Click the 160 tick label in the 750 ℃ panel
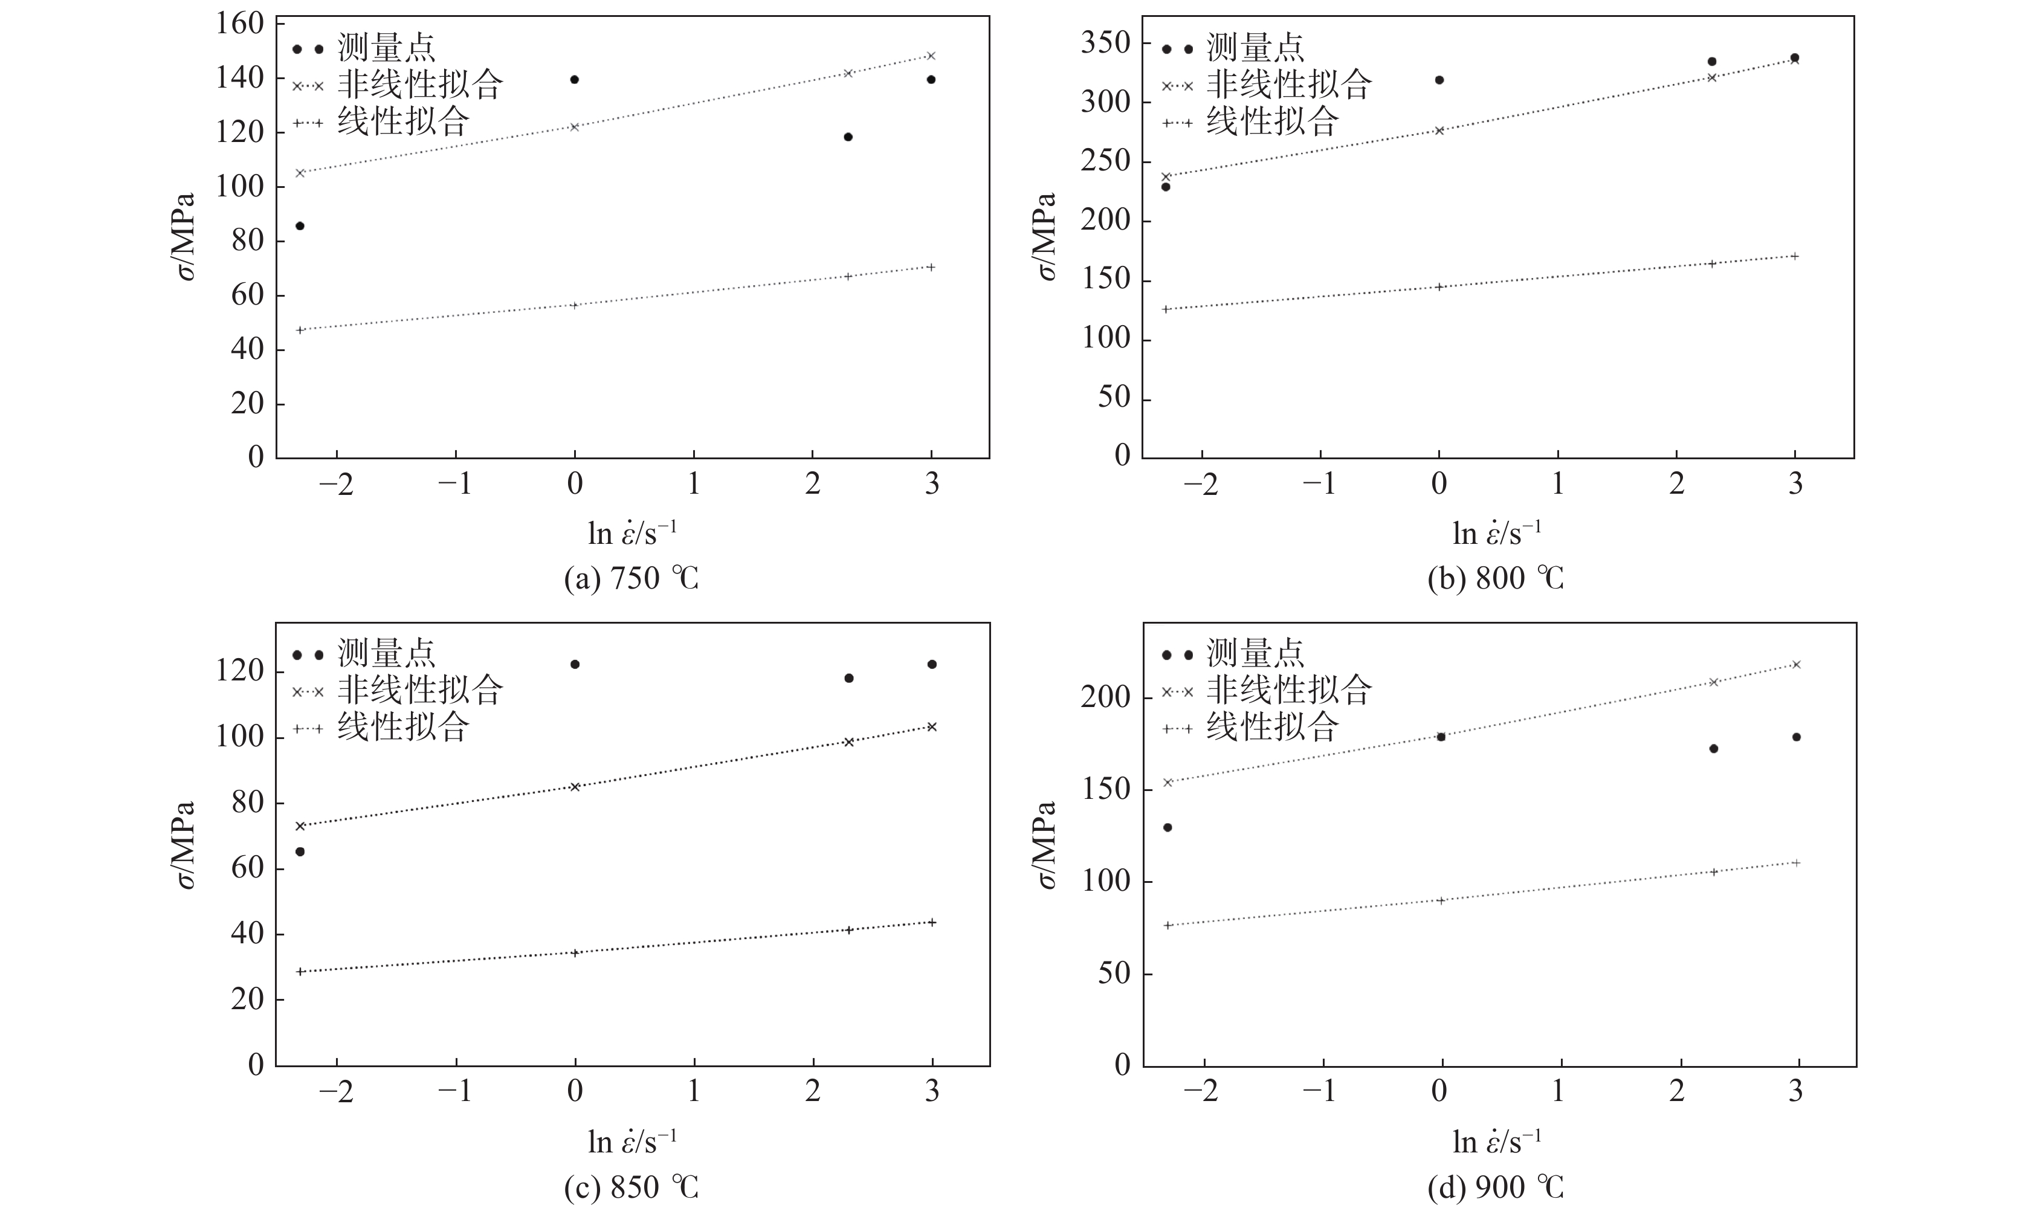(239, 23)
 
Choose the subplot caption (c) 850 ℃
(631, 1187)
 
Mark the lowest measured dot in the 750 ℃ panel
(300, 225)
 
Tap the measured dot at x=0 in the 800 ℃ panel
(1439, 80)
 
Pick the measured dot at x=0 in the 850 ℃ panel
(575, 664)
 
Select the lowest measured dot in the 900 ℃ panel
(1168, 827)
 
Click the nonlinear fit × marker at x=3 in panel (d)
(1797, 664)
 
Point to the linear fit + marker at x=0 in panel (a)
(575, 305)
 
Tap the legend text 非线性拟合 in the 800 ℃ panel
(1288, 85)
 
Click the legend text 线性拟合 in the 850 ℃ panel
(403, 726)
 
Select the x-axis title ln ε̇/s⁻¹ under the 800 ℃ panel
(1496, 533)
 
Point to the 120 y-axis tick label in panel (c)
(239, 671)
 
